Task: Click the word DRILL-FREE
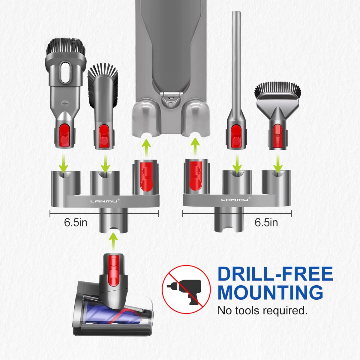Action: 275,274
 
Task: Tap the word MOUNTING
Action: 270,292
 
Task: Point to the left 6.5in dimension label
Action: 76,222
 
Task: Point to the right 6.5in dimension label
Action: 266,222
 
